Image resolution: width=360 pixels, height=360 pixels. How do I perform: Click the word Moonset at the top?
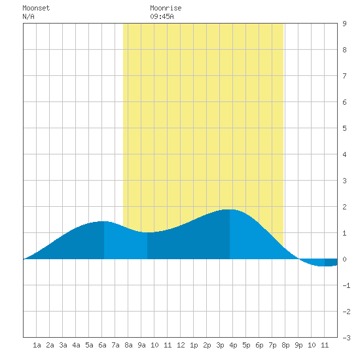coord(36,8)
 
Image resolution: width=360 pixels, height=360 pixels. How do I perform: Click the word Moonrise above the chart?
coord(166,8)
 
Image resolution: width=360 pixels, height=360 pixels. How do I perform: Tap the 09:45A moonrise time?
coord(162,16)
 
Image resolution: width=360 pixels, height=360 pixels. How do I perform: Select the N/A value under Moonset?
coord(28,16)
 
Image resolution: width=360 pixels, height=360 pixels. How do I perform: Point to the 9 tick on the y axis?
coord(344,24)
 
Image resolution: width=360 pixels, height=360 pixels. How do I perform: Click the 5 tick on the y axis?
coord(344,128)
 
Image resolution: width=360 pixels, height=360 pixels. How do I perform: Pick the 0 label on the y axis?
coord(344,259)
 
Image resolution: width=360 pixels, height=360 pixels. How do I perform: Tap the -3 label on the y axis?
coord(346,338)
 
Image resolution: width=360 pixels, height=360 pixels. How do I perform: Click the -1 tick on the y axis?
coord(346,285)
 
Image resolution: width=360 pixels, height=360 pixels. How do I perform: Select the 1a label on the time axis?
coord(37,345)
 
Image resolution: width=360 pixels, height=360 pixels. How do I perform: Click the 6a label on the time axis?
coord(102,345)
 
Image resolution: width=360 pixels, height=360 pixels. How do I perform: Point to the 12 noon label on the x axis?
coord(181,345)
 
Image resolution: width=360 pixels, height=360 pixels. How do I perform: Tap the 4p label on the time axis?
coord(233,345)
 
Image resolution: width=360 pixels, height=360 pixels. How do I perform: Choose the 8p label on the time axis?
coord(285,345)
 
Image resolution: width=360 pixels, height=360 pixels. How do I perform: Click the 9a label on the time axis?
coord(141,345)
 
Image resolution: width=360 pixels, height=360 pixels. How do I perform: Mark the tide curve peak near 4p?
coord(230,209)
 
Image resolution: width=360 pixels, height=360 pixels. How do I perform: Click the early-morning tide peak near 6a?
coord(104,221)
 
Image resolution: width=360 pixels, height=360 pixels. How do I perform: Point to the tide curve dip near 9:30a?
coord(147,232)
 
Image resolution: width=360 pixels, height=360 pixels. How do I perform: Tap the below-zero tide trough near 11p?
coord(325,266)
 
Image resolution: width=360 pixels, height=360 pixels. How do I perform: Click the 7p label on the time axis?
coord(272,345)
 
